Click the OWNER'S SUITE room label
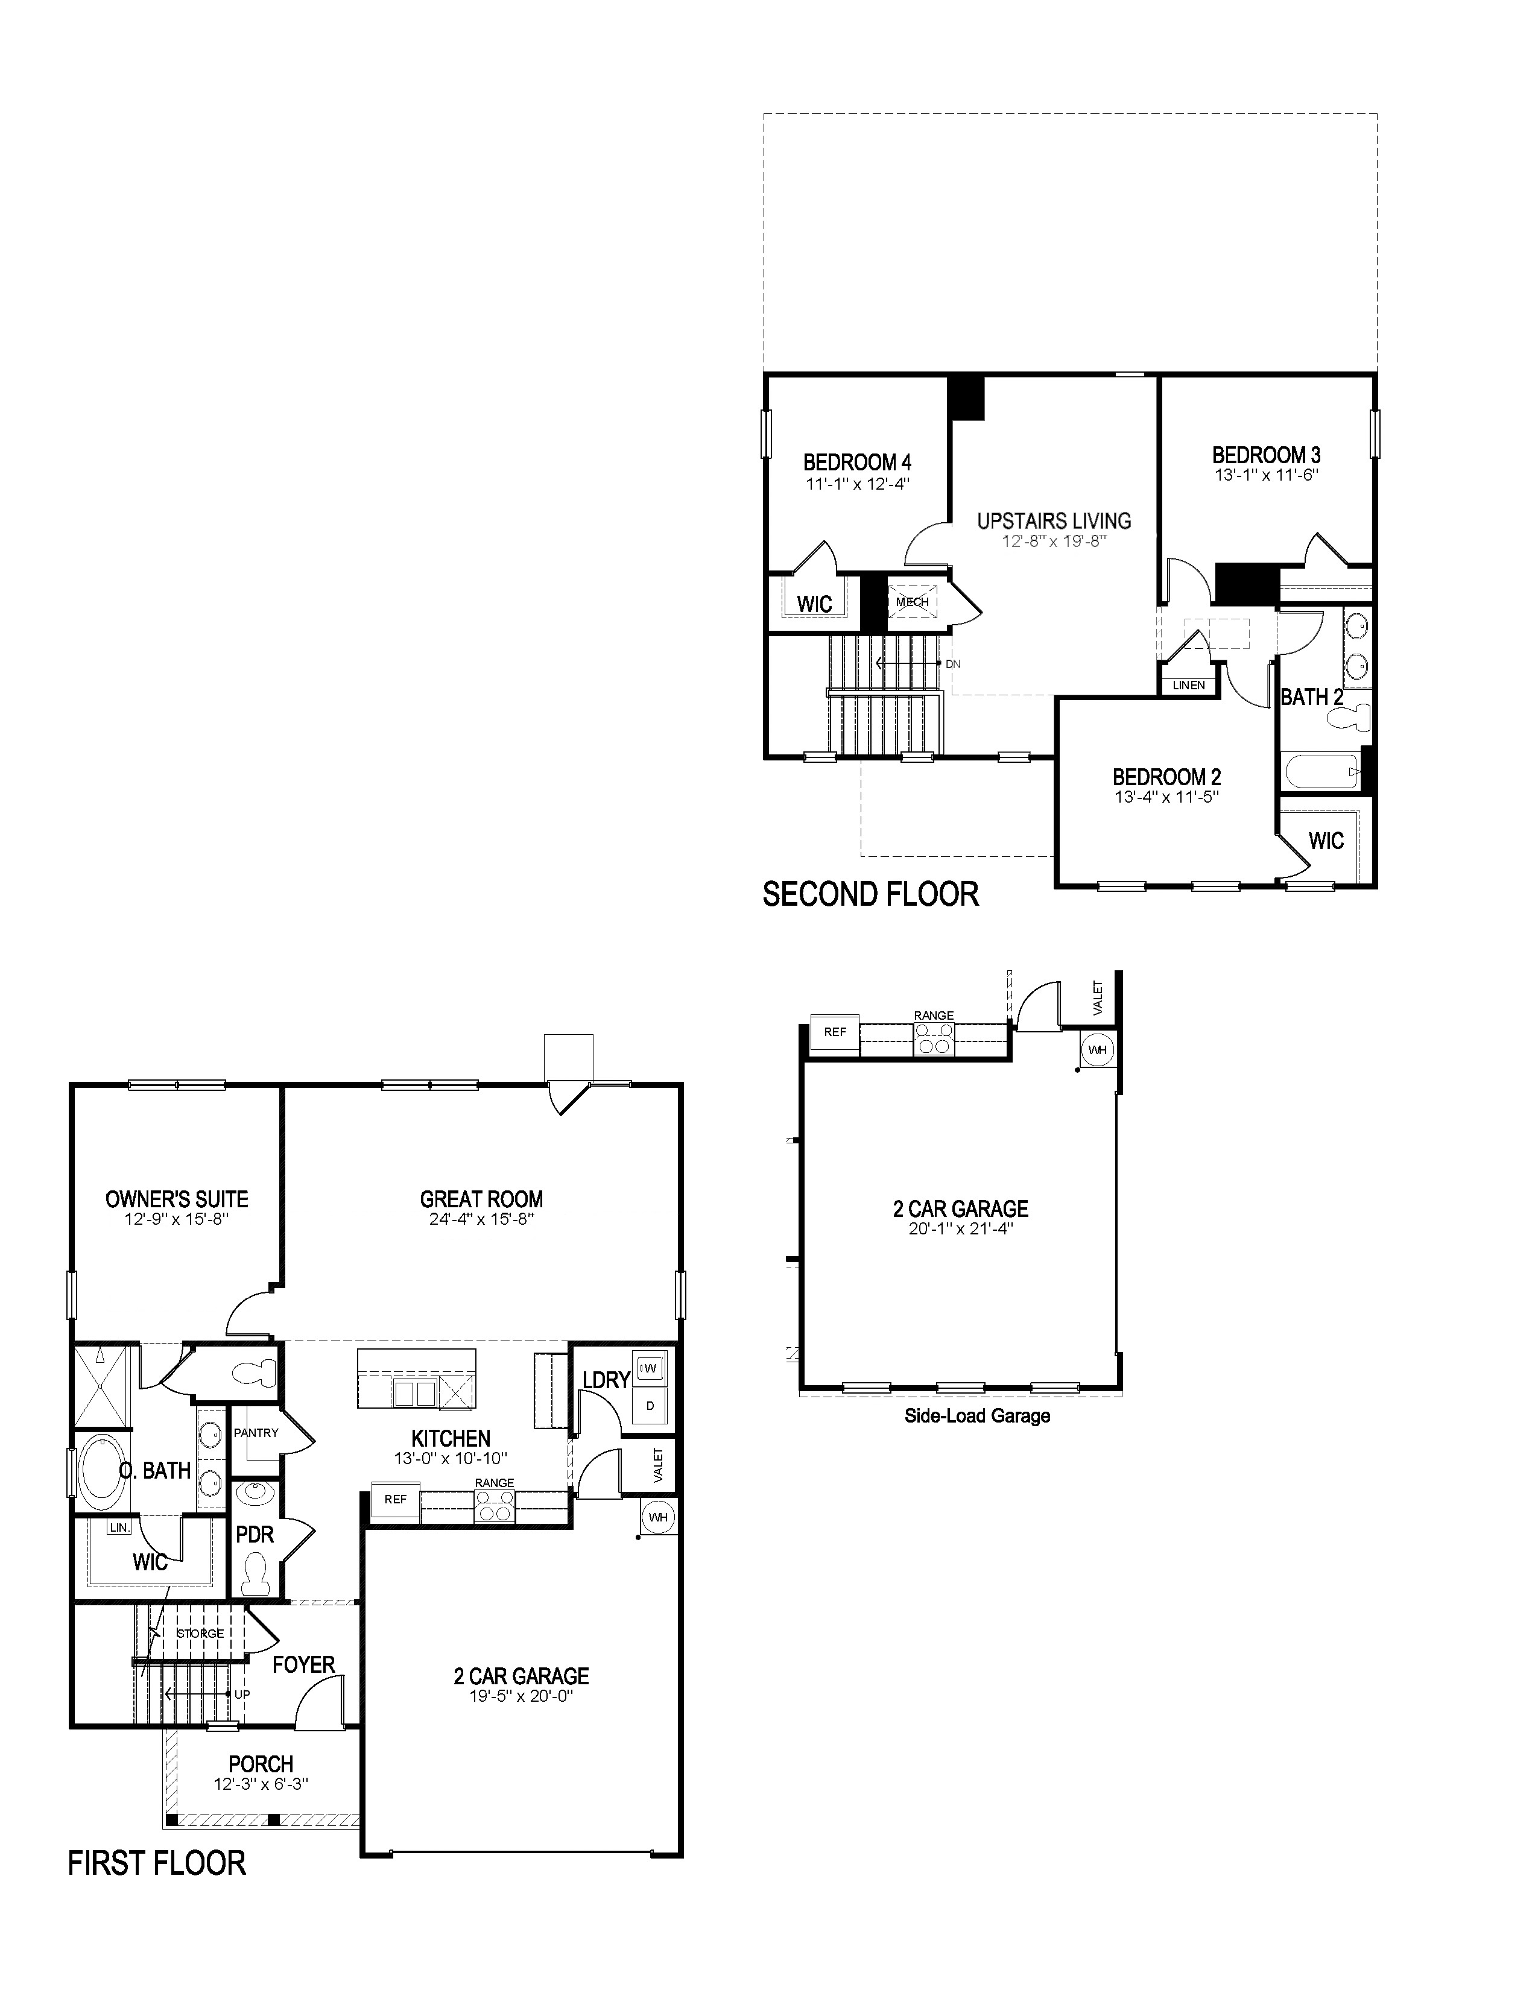click(x=177, y=1199)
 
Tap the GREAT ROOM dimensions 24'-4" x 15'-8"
click(x=481, y=1220)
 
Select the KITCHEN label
click(x=451, y=1439)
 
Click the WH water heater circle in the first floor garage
click(x=657, y=1518)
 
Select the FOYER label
click(x=303, y=1665)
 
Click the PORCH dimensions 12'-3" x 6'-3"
click(x=262, y=1785)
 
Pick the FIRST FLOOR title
click(x=157, y=1863)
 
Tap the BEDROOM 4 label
click(x=856, y=463)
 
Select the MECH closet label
click(x=912, y=601)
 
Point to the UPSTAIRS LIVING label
click(x=1054, y=521)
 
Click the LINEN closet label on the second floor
click(x=1188, y=685)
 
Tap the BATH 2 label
click(x=1311, y=697)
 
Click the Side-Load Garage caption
click(x=976, y=1416)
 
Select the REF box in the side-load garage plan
click(x=835, y=1032)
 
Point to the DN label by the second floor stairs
click(x=953, y=665)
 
